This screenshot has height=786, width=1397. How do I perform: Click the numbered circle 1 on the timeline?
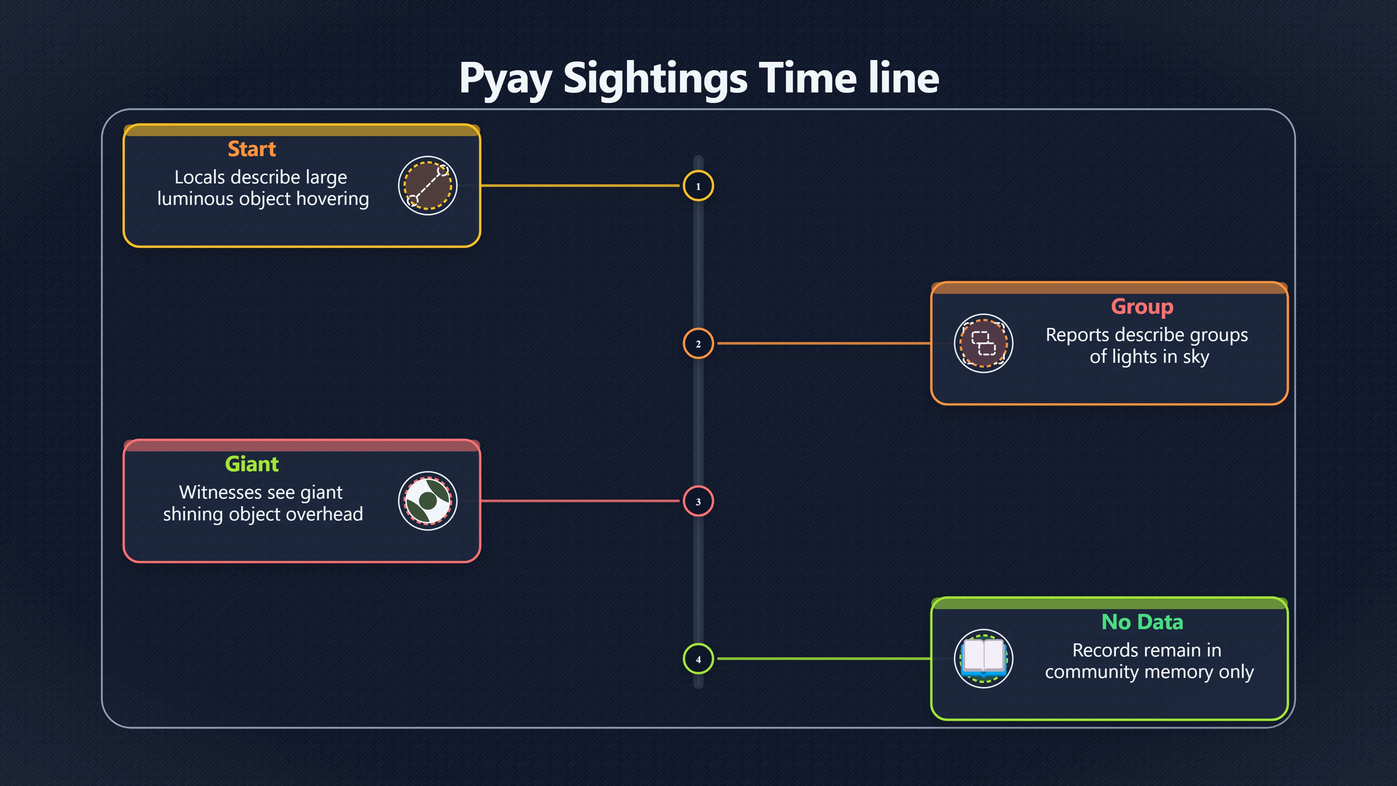698,186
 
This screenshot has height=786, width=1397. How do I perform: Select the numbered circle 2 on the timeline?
698,344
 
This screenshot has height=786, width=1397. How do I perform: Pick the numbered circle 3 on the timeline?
698,501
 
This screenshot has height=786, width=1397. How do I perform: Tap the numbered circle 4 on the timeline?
698,659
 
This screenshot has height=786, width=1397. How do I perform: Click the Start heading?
252,148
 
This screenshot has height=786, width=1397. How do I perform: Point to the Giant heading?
252,464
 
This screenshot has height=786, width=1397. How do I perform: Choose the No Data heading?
1142,622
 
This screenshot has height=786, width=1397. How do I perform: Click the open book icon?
983,659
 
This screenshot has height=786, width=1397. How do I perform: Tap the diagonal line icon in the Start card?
428,186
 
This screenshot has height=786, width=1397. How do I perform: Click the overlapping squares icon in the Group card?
983,344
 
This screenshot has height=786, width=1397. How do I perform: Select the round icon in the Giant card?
428,501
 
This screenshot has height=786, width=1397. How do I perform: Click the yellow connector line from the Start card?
580,186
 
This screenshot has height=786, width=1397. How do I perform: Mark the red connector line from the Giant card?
580,501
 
